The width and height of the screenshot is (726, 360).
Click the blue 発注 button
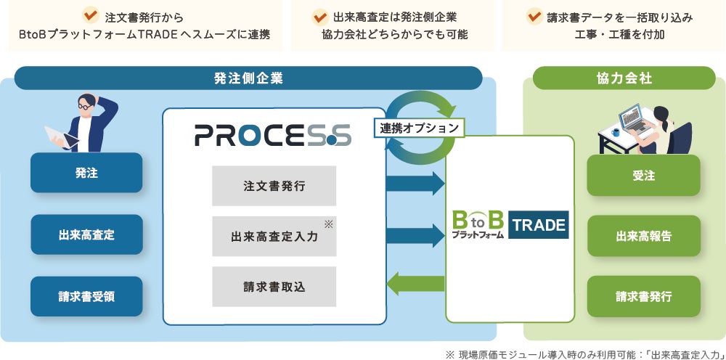86,173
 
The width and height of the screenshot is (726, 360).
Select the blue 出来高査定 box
86,234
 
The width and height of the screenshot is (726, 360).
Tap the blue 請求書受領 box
86,296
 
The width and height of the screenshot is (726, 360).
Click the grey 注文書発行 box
274,186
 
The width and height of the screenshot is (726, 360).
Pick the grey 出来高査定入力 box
274,236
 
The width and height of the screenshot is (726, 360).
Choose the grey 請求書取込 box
274,286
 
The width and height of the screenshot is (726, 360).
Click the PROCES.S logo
273,135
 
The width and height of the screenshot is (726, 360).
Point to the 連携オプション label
420,127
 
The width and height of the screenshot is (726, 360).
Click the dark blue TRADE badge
539,225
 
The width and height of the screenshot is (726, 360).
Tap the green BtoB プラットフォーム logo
477,225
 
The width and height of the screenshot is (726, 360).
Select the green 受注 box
643,175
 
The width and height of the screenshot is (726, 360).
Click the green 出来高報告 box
643,236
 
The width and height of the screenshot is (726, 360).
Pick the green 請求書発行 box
643,296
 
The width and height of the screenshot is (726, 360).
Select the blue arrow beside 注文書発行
415,183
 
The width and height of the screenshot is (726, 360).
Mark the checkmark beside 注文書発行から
91,15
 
